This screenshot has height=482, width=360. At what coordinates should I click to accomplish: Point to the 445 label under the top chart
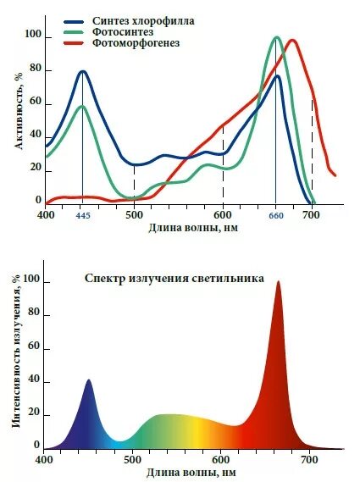tap(82, 216)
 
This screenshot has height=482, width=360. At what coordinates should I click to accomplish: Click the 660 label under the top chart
tap(276, 216)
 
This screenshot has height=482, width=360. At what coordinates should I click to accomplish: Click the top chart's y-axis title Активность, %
tap(18, 110)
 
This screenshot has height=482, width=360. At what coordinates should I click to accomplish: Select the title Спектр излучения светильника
tap(174, 277)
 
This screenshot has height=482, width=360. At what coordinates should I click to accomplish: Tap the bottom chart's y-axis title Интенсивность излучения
tap(18, 355)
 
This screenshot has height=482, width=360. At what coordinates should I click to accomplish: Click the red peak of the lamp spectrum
tap(278, 283)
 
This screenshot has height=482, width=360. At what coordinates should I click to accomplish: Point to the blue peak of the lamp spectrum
tap(89, 381)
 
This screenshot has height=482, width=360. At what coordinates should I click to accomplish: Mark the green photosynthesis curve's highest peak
tap(276, 37)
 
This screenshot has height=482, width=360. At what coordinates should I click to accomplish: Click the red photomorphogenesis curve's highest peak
tap(292, 40)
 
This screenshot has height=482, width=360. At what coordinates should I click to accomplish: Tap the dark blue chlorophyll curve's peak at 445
tap(82, 71)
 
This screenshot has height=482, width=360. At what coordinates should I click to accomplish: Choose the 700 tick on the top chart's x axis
tap(312, 215)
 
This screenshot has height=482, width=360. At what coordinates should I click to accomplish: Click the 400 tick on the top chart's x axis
tap(46, 215)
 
